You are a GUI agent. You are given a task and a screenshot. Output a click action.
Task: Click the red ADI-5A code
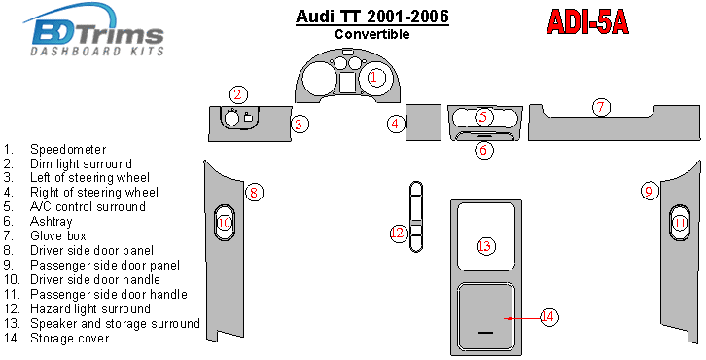coord(587,22)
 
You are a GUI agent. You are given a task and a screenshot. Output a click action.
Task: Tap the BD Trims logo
coord(94,29)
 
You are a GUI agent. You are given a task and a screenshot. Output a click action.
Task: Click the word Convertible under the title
coord(371,34)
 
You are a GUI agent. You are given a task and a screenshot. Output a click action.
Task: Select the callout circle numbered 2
coord(238,94)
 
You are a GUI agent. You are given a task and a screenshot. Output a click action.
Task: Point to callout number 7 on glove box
coord(601,108)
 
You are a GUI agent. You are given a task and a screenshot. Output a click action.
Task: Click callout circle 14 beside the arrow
coord(547,317)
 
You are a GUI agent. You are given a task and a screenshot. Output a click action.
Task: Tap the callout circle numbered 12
coord(399,234)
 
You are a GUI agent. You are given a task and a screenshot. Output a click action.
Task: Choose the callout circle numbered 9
coord(649,191)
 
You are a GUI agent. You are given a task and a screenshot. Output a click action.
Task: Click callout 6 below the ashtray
coord(483,150)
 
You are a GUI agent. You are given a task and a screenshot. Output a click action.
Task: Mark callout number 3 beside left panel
coord(300,124)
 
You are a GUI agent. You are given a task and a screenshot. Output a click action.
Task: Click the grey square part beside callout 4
coord(423,123)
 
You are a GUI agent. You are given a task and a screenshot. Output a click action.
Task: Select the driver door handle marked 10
coord(224,223)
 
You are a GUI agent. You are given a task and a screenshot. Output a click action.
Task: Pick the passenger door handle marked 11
coord(680,223)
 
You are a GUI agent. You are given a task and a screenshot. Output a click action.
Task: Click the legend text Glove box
coord(58,235)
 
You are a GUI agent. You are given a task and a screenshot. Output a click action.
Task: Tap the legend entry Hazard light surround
coord(90,308)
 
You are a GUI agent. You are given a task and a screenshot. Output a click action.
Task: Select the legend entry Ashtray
coord(51,221)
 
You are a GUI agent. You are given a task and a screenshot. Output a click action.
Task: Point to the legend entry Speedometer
coord(68,149)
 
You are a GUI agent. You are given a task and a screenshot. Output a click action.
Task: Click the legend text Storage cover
coord(69,338)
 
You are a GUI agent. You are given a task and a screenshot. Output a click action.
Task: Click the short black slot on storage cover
coord(486,333)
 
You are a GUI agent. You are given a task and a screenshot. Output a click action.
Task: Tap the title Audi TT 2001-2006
coord(371,17)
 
